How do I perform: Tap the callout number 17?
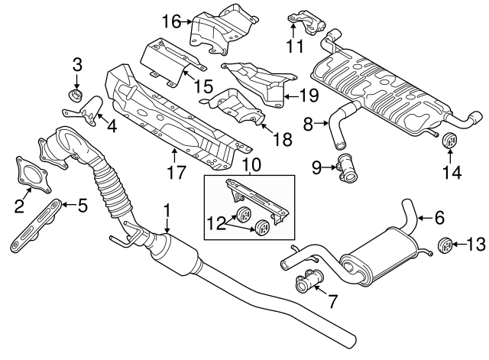pyautogui.click(x=176, y=172)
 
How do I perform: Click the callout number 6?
pyautogui.click(x=439, y=218)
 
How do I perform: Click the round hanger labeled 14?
pyautogui.click(x=449, y=142)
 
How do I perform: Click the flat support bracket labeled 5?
pyautogui.click(x=34, y=227)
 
